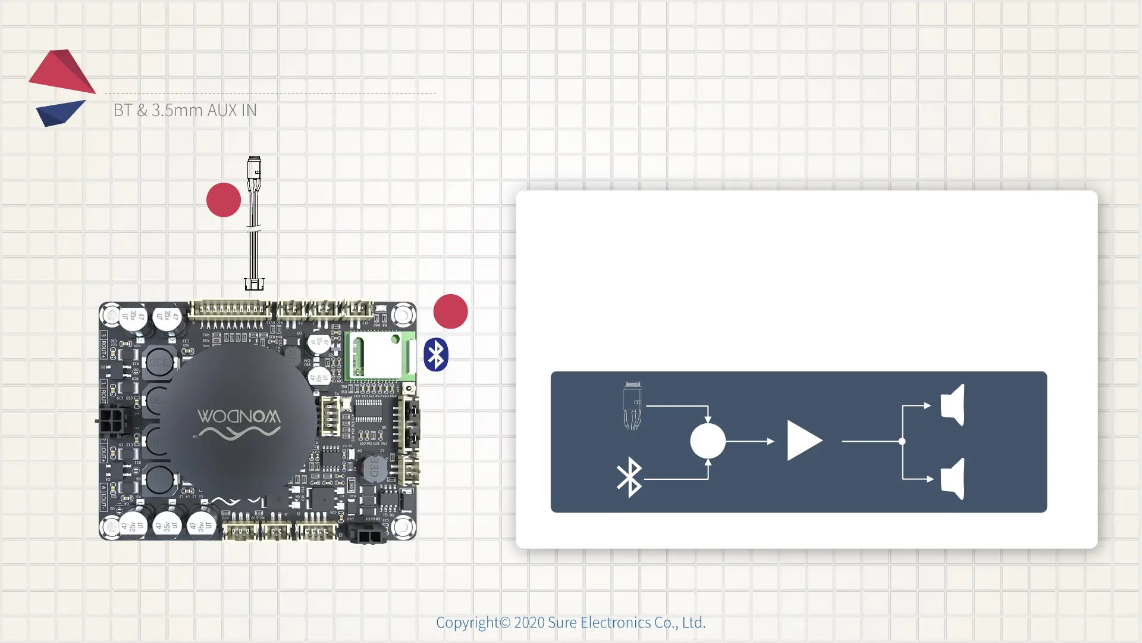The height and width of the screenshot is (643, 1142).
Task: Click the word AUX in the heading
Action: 223,110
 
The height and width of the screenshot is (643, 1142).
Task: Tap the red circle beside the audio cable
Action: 224,200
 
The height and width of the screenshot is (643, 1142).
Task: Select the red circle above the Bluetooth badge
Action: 450,311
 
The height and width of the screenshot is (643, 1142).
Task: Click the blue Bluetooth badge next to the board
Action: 436,355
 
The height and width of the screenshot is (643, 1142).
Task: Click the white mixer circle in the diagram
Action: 708,441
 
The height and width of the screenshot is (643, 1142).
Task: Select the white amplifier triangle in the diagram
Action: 804,441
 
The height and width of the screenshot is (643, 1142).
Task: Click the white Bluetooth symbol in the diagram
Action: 629,477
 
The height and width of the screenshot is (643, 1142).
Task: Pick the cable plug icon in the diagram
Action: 632,405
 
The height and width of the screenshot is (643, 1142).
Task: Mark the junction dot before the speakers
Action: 902,441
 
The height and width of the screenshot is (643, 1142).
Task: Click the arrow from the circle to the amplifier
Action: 750,441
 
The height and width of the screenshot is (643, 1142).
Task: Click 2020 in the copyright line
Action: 529,623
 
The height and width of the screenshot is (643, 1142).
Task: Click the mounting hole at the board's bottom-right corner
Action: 403,526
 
